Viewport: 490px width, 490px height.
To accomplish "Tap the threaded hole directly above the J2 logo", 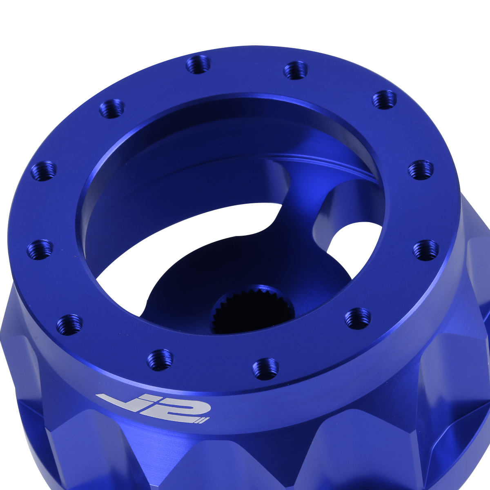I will [x=160, y=360].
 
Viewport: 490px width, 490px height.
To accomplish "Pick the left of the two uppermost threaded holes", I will [x=198, y=65].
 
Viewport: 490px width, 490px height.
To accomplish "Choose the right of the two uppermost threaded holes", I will [x=296, y=70].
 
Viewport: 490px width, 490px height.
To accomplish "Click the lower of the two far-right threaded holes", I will [x=426, y=249].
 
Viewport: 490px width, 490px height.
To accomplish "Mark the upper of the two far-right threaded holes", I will [x=421, y=170].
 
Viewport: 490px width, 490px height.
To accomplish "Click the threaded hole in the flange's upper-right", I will [x=385, y=99].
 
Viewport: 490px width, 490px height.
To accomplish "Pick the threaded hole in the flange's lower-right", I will [x=358, y=318].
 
